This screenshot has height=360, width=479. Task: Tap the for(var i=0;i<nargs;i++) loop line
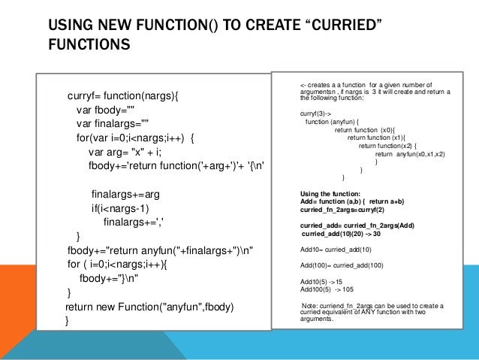(x=135, y=138)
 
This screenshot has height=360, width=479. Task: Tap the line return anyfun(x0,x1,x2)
(x=408, y=153)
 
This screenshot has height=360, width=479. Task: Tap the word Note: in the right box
(x=309, y=305)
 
